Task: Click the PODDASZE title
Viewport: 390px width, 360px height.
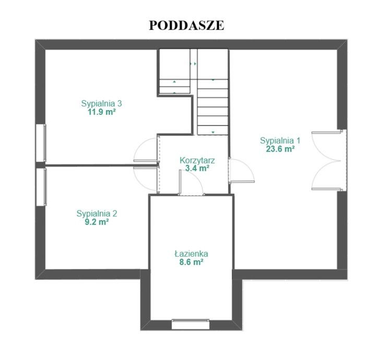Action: tap(186, 26)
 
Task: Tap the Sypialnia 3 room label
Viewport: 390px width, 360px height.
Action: tap(101, 103)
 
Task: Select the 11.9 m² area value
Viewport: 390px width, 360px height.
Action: tap(101, 112)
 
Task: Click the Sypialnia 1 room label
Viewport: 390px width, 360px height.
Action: tap(280, 141)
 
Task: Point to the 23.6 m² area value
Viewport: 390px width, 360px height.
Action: tap(280, 149)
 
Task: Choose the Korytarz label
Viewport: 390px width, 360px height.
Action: tap(197, 160)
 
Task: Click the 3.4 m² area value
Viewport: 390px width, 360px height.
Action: tap(197, 169)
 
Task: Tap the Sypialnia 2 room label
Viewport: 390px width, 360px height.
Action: tap(97, 213)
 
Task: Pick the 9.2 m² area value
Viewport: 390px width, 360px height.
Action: tap(97, 222)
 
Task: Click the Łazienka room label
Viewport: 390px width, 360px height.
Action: tap(191, 254)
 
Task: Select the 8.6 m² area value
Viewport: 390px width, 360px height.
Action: tap(191, 262)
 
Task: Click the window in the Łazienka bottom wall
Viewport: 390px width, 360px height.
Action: tap(191, 324)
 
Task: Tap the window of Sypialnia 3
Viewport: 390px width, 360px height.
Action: tap(41, 143)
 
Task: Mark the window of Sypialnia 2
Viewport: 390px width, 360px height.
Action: tap(41, 187)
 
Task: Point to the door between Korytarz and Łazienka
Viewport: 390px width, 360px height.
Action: tap(191, 182)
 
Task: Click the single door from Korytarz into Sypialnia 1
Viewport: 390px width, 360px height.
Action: tap(241, 171)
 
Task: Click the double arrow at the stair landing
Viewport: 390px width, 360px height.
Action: tap(193, 64)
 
